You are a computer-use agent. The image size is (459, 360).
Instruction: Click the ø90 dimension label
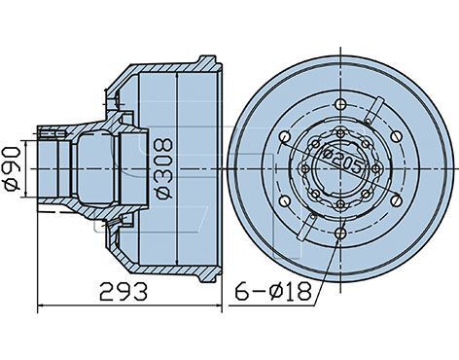tap(12, 168)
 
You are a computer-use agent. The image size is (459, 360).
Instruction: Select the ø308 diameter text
tap(164, 168)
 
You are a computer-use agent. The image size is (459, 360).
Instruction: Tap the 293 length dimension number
tap(124, 290)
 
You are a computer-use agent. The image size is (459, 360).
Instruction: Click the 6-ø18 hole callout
tap(273, 291)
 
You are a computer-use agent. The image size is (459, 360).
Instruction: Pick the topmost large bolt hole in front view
tap(340, 104)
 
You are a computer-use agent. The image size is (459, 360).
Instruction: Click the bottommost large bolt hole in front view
tap(340, 233)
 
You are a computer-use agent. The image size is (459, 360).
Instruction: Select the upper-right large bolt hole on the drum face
tap(396, 136)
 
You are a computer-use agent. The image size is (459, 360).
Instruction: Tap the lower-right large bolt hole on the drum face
tap(396, 201)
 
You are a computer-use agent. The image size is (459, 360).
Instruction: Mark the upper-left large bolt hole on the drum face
tap(285, 136)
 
